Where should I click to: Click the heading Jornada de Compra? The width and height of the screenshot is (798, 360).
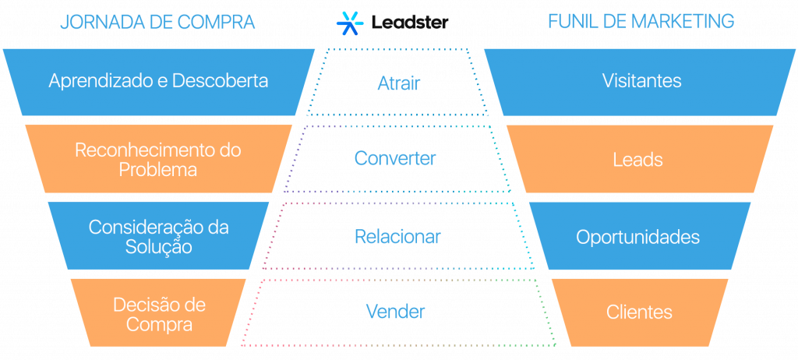[157, 22]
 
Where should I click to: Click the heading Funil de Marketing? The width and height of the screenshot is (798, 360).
[641, 22]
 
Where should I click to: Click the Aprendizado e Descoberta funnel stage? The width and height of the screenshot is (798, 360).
[158, 81]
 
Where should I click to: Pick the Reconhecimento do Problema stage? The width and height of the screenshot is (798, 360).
[158, 159]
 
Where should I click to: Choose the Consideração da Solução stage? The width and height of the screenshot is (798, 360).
[158, 236]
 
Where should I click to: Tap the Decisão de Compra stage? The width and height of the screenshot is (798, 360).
[158, 313]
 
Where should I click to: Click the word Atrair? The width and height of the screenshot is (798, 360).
[398, 83]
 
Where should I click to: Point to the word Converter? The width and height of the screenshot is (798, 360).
[395, 158]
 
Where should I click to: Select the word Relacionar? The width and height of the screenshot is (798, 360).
[397, 236]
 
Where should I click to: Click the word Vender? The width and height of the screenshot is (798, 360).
[396, 312]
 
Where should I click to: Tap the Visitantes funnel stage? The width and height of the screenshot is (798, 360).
[641, 81]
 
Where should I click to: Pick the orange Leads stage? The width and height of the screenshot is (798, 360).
[638, 160]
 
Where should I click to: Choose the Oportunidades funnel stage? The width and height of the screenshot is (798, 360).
[638, 237]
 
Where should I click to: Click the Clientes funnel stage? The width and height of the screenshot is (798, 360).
[639, 312]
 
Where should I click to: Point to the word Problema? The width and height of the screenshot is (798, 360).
[158, 169]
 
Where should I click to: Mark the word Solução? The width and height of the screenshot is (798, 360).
[158, 246]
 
